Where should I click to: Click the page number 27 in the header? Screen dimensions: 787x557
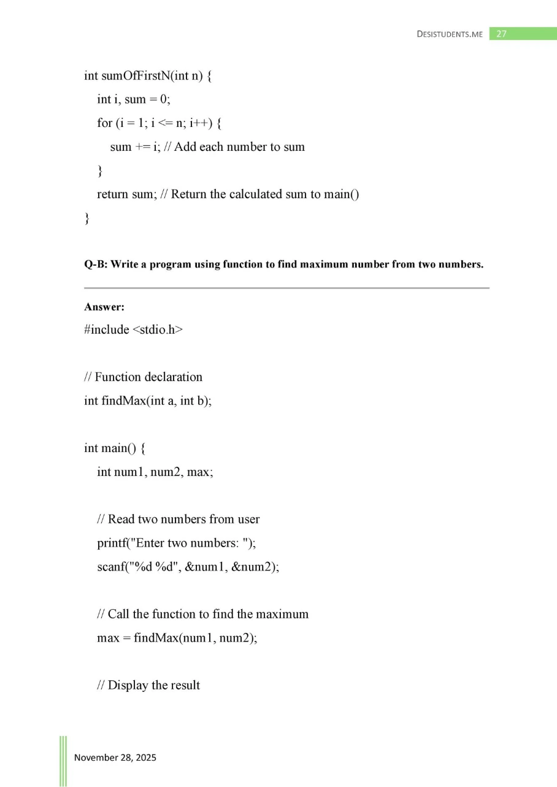501,34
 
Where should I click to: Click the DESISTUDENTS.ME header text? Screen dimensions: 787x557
450,34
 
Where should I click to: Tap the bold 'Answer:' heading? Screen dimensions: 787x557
104,307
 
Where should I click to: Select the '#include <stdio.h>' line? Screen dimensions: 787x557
134,329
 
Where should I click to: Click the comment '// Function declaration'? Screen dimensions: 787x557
144,377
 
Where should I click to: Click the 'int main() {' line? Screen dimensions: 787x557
115,448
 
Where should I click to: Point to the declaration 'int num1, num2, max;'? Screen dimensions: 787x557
155,472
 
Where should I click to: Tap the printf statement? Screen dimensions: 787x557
172,543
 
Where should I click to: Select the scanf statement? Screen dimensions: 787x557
188,567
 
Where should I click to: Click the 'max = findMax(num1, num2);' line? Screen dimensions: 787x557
177,638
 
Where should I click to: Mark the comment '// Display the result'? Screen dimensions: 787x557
148,685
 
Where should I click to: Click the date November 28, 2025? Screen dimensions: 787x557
115,758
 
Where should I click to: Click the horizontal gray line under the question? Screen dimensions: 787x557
286,288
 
